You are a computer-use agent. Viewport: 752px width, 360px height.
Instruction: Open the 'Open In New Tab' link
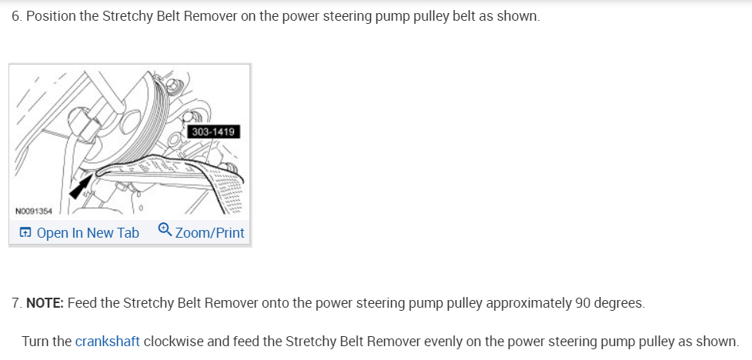tap(87, 232)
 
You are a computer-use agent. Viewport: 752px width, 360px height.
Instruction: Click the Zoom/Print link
tap(209, 232)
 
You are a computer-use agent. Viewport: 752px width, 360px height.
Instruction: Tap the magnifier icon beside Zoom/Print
tap(165, 231)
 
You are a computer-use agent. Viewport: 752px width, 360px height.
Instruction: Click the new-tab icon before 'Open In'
tap(25, 232)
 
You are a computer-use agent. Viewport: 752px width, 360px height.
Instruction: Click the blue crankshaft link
tap(107, 341)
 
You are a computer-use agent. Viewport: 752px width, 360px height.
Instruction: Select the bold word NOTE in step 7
tap(45, 302)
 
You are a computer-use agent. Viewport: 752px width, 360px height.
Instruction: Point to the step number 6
tap(15, 16)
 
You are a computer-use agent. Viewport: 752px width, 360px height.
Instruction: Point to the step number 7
tap(15, 302)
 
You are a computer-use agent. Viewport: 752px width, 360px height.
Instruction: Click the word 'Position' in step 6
tap(52, 16)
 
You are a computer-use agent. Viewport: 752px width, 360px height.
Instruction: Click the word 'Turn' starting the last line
tap(35, 341)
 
